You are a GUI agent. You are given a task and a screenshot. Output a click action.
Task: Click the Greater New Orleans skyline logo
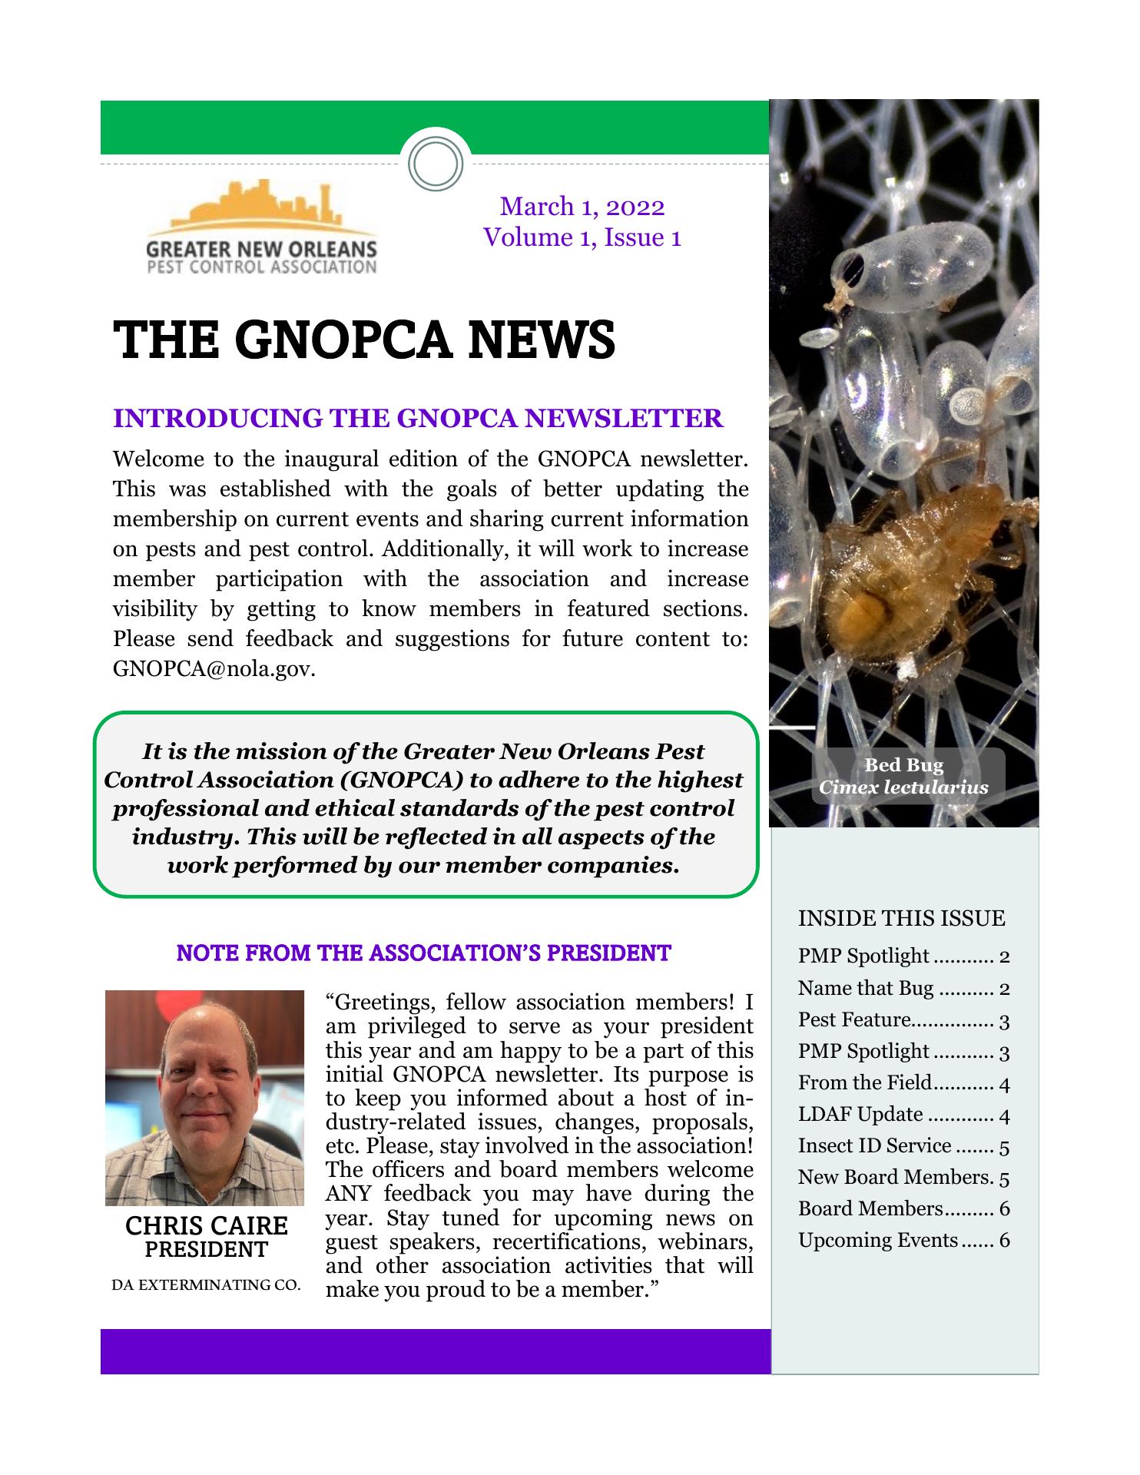pyautogui.click(x=260, y=228)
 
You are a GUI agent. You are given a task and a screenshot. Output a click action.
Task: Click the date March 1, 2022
pyautogui.click(x=582, y=207)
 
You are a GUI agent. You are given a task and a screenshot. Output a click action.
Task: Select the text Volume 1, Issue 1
pyautogui.click(x=582, y=237)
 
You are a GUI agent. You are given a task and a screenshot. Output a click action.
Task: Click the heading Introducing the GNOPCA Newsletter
pyautogui.click(x=418, y=419)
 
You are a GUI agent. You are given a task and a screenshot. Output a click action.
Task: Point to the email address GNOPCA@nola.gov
pyautogui.click(x=213, y=668)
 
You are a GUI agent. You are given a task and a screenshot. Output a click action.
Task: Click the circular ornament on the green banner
pyautogui.click(x=436, y=164)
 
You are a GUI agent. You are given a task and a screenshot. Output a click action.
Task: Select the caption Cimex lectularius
pyautogui.click(x=903, y=787)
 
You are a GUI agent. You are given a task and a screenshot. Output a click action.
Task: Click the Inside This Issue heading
pyautogui.click(x=901, y=918)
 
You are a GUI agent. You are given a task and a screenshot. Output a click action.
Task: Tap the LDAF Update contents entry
pyautogui.click(x=903, y=1114)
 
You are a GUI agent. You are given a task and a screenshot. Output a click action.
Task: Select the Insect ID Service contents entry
pyautogui.click(x=903, y=1145)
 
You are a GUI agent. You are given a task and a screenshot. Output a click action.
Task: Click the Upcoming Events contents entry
pyautogui.click(x=903, y=1240)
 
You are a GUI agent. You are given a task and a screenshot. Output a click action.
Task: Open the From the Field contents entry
pyautogui.click(x=903, y=1082)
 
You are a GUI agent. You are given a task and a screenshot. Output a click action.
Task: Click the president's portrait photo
pyautogui.click(x=204, y=1098)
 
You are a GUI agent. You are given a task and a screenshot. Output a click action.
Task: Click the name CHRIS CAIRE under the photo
pyautogui.click(x=206, y=1225)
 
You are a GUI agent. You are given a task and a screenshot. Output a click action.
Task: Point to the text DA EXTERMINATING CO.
pyautogui.click(x=206, y=1284)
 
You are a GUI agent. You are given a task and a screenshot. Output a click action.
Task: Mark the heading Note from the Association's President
pyautogui.click(x=423, y=953)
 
